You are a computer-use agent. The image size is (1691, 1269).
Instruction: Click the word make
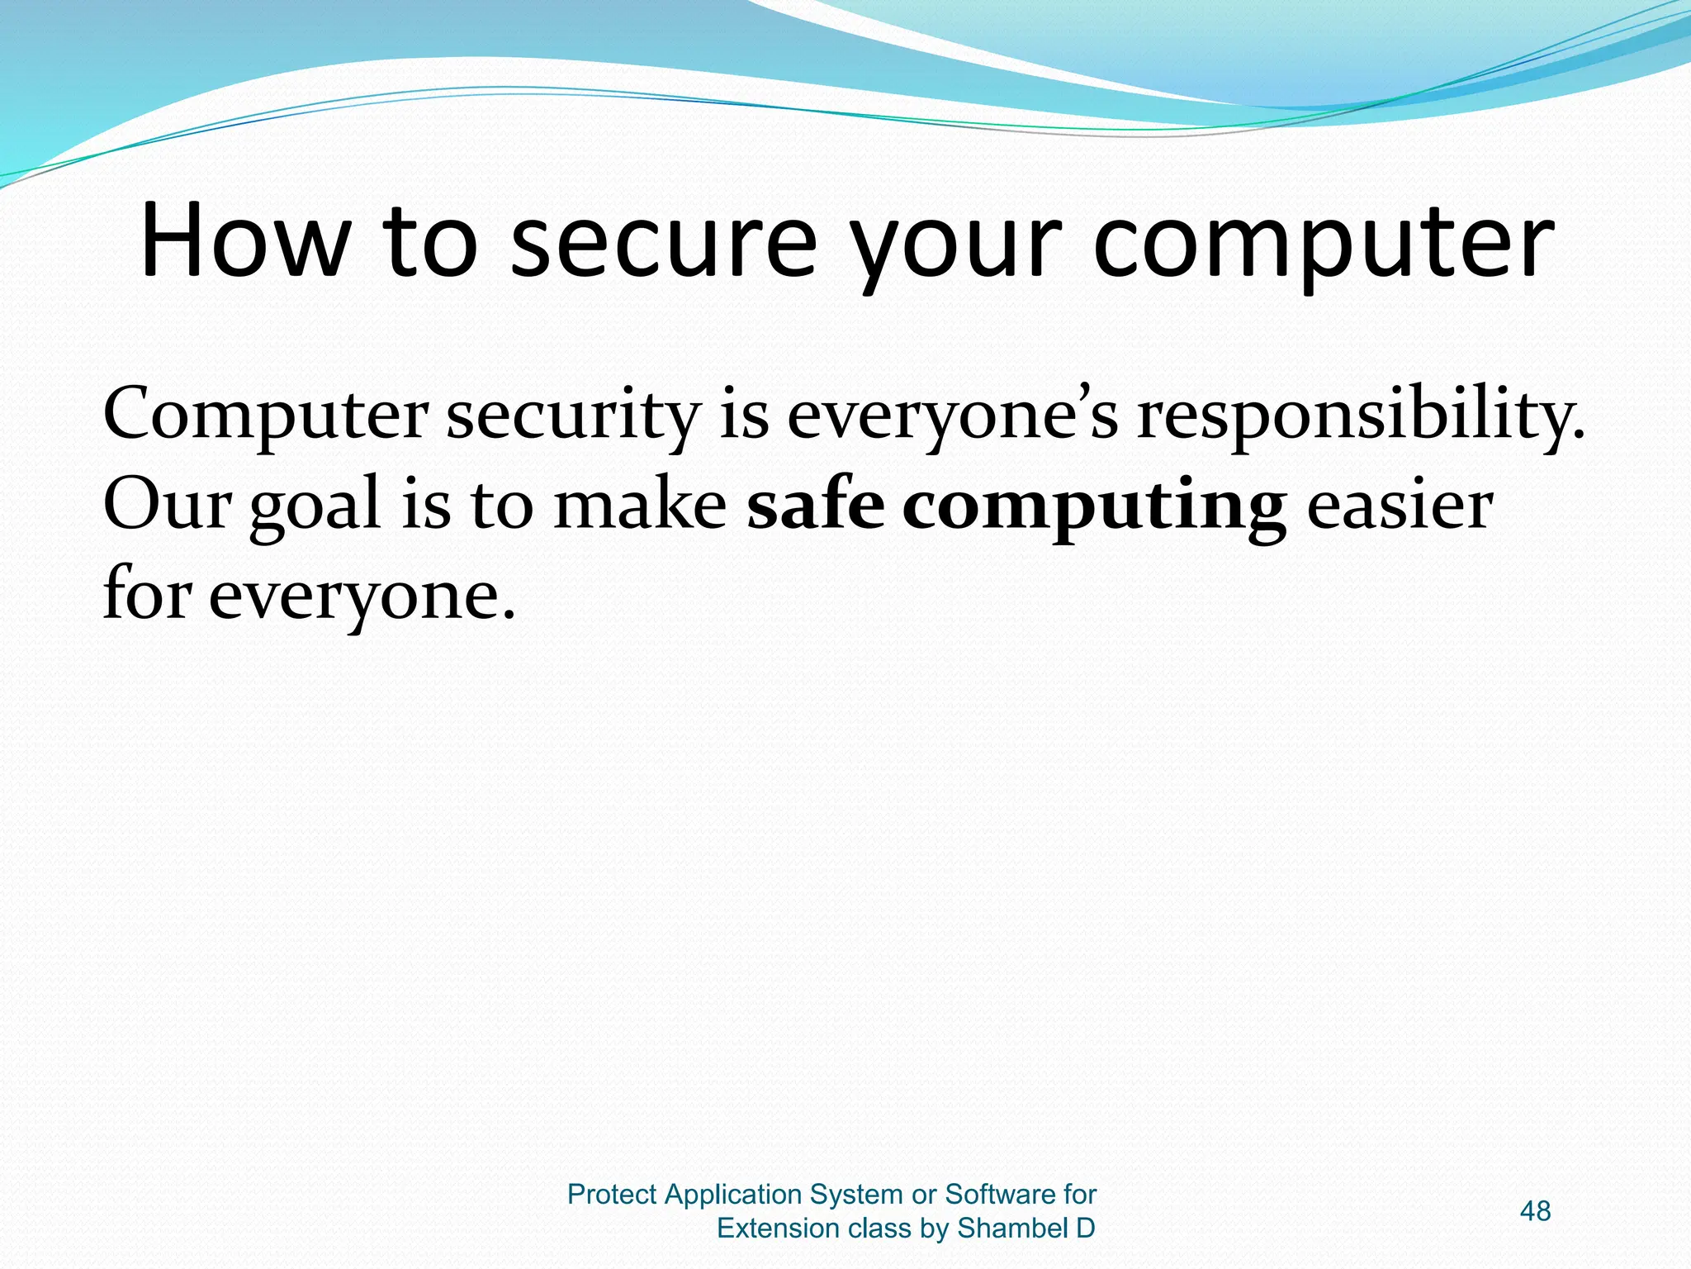[640, 506]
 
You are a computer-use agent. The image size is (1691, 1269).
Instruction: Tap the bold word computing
[1093, 509]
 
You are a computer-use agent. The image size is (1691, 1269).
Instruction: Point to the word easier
[1400, 506]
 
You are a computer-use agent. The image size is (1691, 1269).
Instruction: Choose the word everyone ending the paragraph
[360, 598]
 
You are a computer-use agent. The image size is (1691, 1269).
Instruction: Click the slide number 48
[1535, 1211]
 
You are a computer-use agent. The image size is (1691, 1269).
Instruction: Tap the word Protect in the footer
[612, 1195]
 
